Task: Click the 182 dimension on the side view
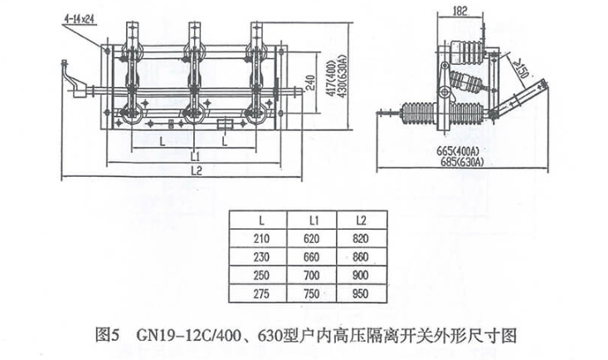click(x=463, y=12)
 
